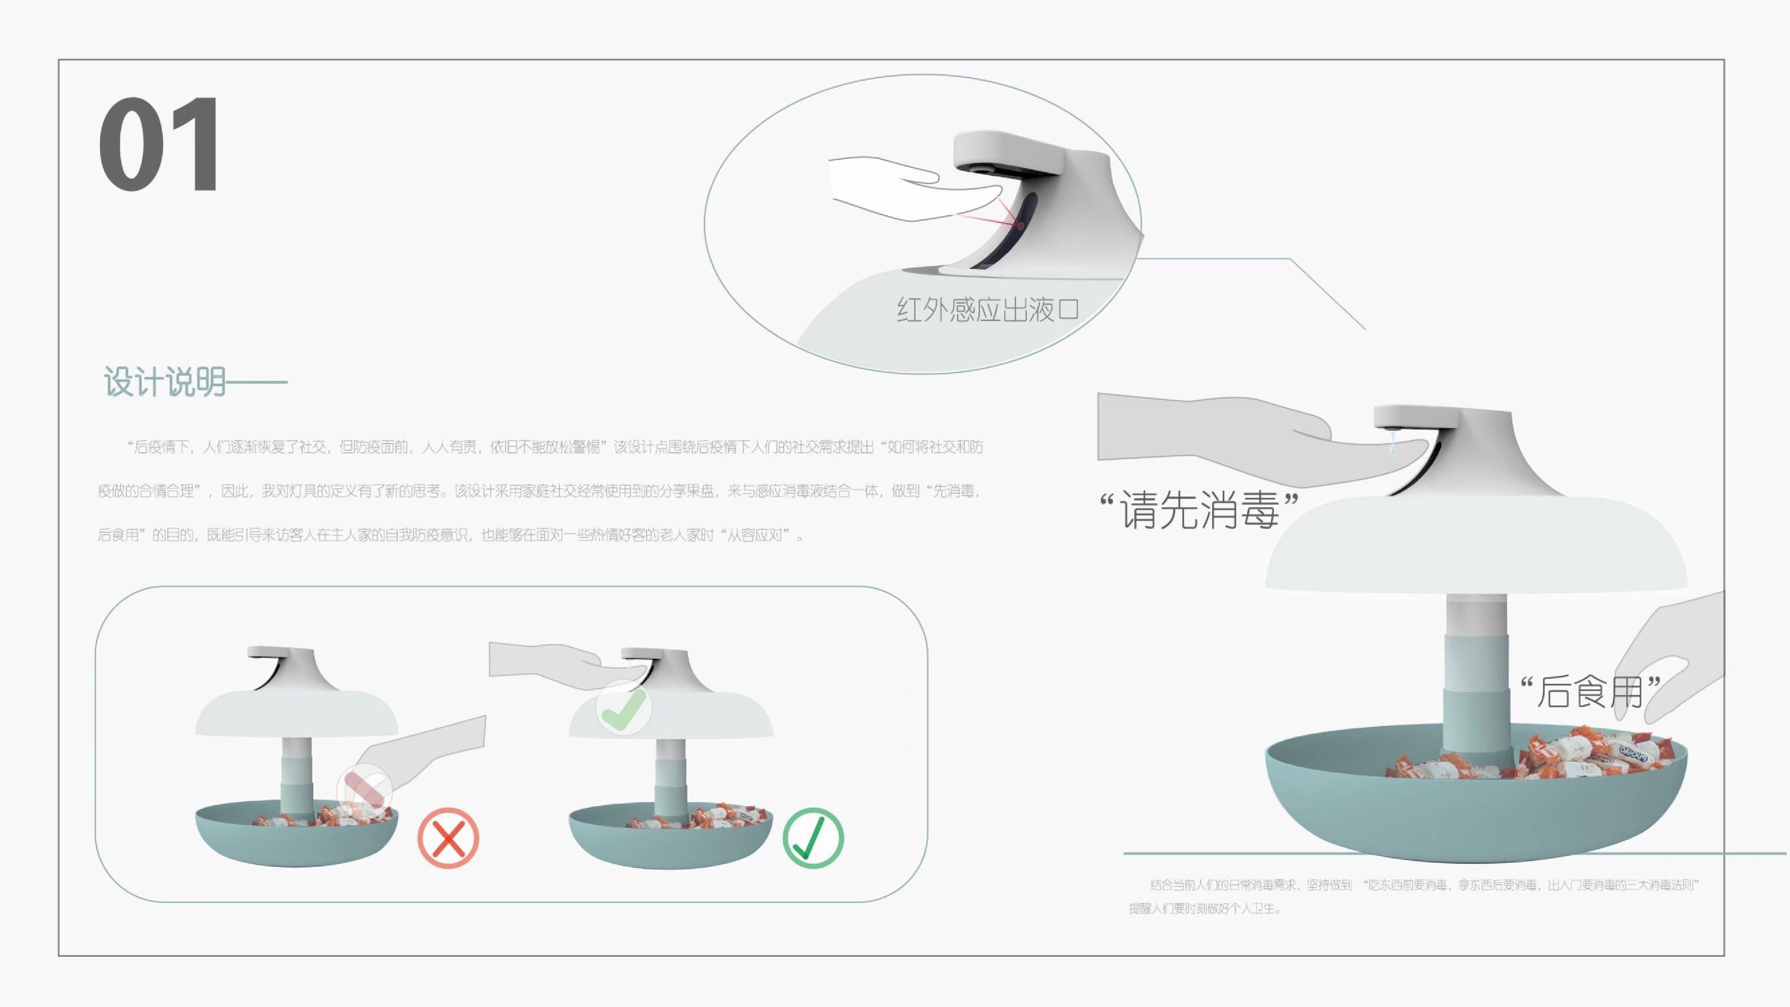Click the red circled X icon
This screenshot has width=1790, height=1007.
[x=448, y=837]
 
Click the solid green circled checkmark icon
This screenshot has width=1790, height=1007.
[x=813, y=837]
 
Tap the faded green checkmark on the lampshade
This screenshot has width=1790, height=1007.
[x=624, y=708]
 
